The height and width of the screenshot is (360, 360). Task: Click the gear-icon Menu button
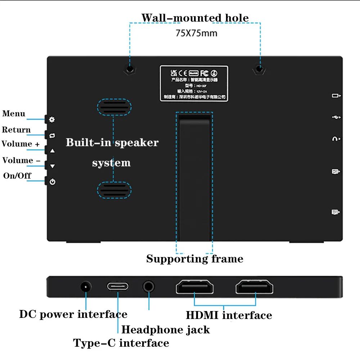point(52,120)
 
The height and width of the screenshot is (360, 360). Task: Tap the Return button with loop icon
point(52,135)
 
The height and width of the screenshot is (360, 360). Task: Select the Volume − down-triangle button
point(52,166)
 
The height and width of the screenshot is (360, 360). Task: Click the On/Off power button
point(52,182)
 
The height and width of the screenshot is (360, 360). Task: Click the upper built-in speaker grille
point(114,107)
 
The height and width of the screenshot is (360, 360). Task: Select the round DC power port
point(85,287)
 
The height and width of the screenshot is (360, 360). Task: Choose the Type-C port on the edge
point(117,287)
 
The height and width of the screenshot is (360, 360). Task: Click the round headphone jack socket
point(149,287)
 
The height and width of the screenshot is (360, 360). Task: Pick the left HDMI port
point(194,287)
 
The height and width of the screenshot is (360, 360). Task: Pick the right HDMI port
point(254,287)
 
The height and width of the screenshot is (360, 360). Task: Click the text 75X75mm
point(196,33)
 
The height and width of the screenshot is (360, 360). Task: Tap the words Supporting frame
point(194,259)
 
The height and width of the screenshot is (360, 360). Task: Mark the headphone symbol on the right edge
point(336,139)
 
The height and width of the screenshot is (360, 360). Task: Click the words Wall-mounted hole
point(195,18)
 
